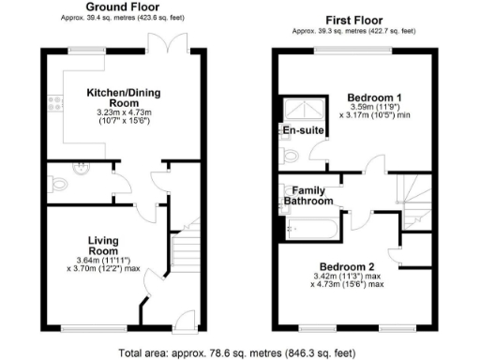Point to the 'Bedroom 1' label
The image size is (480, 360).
pyautogui.click(x=375, y=97)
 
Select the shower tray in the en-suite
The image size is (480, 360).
pyautogui.click(x=297, y=108)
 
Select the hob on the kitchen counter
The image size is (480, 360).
pyautogui.click(x=56, y=99)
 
